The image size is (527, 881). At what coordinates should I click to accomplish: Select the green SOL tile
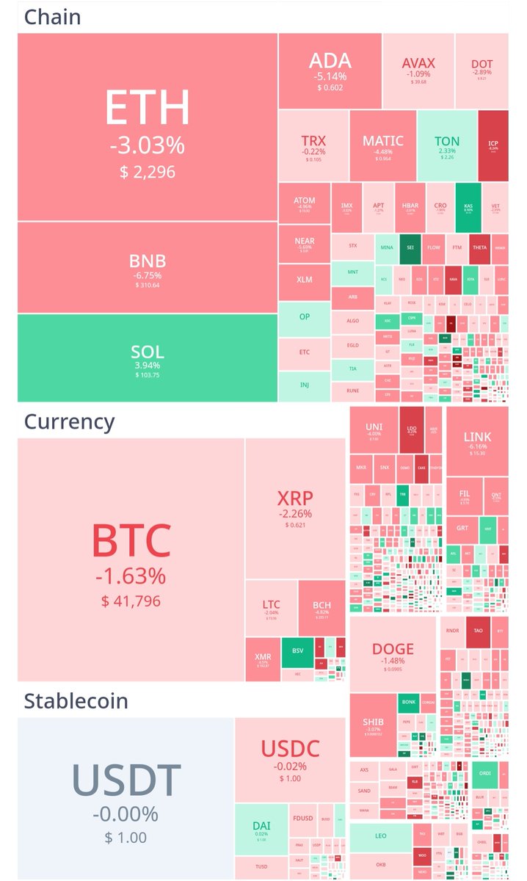point(148,358)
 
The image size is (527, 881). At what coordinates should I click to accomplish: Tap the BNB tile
point(148,267)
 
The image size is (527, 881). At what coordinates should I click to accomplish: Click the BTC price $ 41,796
point(131,602)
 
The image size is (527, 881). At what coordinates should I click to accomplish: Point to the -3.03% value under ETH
point(148,145)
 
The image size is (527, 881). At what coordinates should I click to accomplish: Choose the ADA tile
point(330,70)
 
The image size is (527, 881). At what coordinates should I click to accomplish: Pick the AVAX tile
point(418,70)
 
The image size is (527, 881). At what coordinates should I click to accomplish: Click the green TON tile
point(446,145)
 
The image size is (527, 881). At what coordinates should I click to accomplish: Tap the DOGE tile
point(393,653)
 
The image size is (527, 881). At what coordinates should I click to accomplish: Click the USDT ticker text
point(126,780)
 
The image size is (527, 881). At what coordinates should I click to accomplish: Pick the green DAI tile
point(262,830)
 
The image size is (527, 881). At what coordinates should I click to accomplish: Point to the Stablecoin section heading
point(76,700)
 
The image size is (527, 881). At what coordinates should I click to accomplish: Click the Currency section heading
point(69,421)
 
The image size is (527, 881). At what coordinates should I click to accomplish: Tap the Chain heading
point(52,17)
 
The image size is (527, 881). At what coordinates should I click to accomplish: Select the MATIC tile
point(382,145)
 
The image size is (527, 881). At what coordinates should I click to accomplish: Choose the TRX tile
point(313,145)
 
